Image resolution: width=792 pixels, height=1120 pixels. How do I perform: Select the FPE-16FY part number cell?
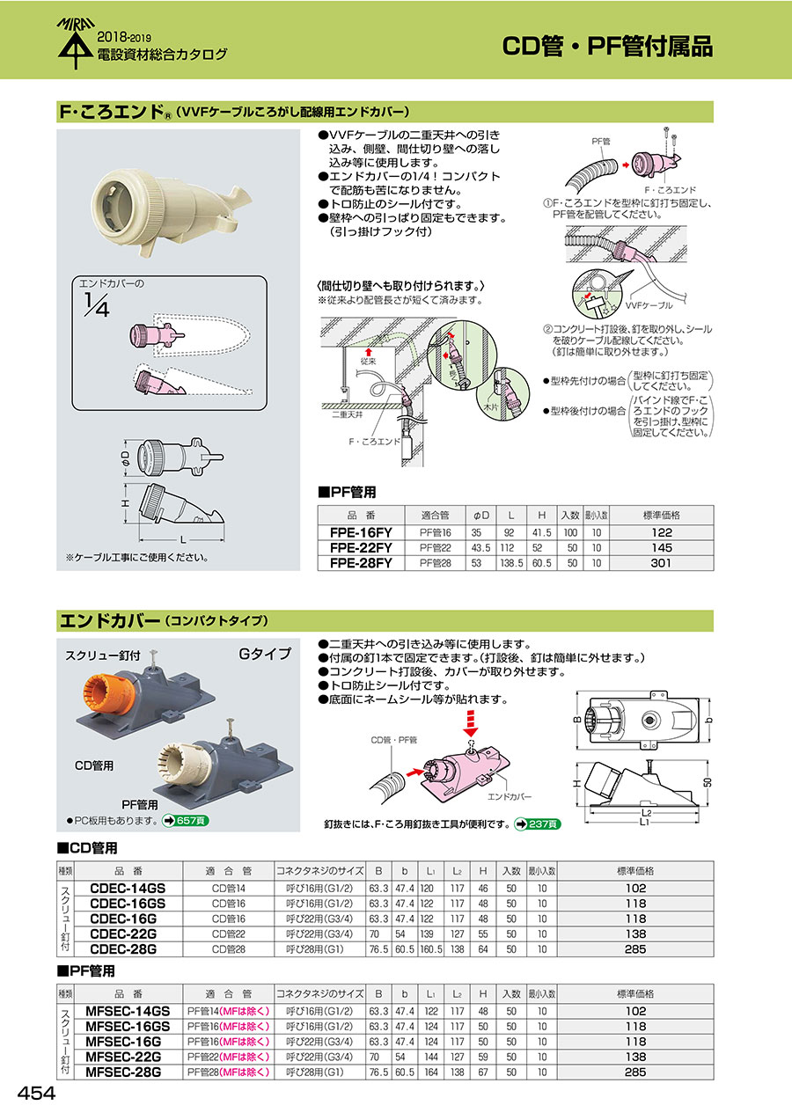tap(362, 533)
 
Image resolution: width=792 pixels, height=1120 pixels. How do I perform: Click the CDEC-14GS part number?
tap(128, 889)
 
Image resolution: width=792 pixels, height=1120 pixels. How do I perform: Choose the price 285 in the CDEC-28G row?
tap(635, 950)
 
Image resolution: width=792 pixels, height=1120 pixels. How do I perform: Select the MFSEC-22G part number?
tap(124, 1057)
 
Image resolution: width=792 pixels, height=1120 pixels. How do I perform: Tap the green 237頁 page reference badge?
tap(538, 824)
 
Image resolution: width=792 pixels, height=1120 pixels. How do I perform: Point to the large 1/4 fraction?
tap(95, 304)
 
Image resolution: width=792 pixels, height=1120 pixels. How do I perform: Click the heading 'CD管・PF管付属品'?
tap(607, 46)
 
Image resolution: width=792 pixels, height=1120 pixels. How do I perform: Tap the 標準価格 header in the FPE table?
tap(662, 516)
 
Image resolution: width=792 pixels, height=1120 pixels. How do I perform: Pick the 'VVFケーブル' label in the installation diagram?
tap(649, 305)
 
